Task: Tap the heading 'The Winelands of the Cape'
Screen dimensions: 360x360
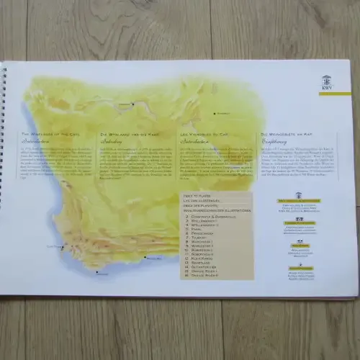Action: tap(49, 134)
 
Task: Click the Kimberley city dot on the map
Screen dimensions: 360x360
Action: tap(214, 113)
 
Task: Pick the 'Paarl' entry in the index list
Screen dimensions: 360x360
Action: tap(197, 229)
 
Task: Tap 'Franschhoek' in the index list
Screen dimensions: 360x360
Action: tap(202, 233)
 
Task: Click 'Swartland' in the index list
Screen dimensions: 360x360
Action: tap(201, 264)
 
